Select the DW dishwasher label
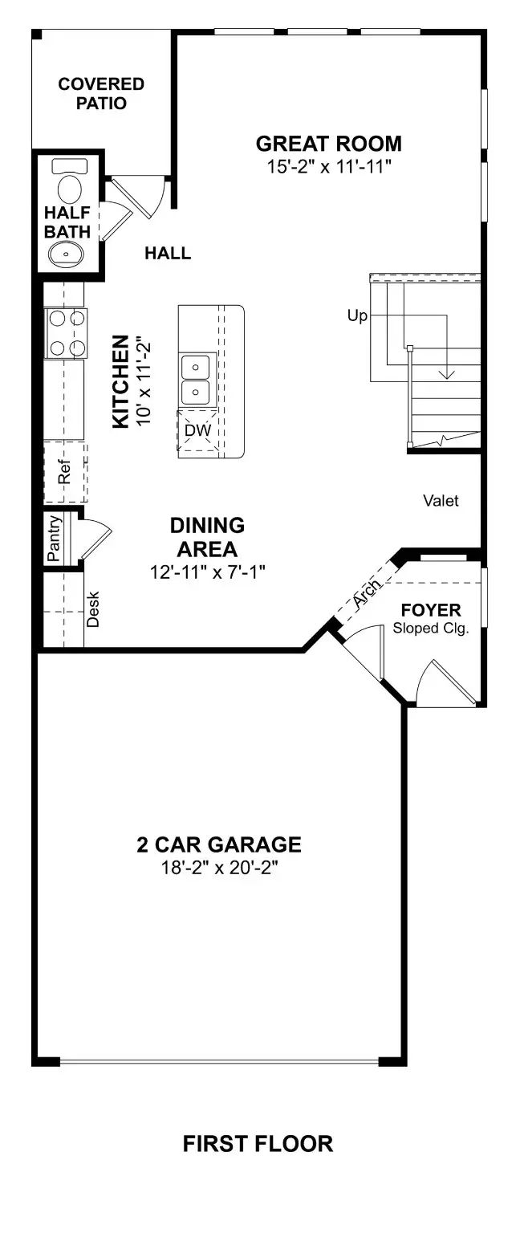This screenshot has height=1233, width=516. (x=197, y=430)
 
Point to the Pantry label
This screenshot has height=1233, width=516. (x=55, y=539)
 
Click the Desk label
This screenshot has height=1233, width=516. (x=92, y=609)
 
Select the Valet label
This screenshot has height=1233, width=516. (x=441, y=501)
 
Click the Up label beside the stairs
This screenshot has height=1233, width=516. (x=357, y=316)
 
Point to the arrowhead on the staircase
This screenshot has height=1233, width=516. (x=446, y=374)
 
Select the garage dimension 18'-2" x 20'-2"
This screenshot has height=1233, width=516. (x=218, y=868)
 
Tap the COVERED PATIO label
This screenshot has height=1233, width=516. (x=101, y=94)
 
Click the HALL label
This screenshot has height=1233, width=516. (x=168, y=254)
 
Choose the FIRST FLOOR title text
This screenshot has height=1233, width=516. (x=258, y=1143)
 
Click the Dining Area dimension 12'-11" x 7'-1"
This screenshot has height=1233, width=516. (x=207, y=572)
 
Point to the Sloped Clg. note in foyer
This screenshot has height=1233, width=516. (x=431, y=628)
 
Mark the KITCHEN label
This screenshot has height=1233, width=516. (x=120, y=381)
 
